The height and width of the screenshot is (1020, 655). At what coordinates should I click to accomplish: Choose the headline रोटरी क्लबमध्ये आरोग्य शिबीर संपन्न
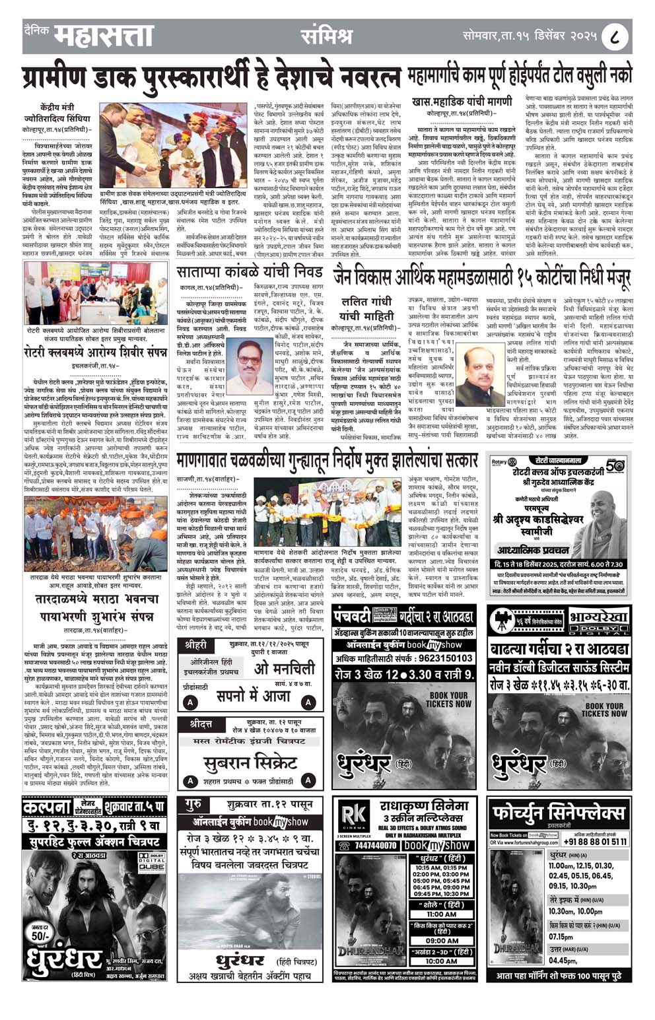pyautogui.click(x=96, y=352)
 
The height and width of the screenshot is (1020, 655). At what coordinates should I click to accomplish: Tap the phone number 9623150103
pyautogui.click(x=441, y=658)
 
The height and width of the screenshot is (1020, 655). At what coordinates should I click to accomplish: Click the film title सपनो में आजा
pyautogui.click(x=258, y=696)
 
